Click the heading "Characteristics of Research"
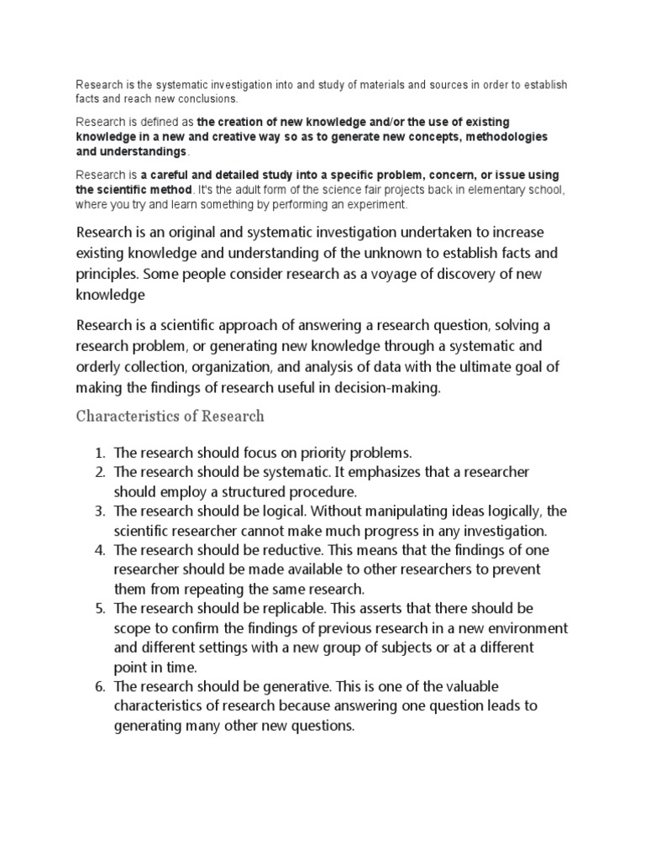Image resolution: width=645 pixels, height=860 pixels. [170, 416]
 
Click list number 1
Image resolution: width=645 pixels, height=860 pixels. [98, 454]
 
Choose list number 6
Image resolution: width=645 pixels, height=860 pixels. [98, 687]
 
